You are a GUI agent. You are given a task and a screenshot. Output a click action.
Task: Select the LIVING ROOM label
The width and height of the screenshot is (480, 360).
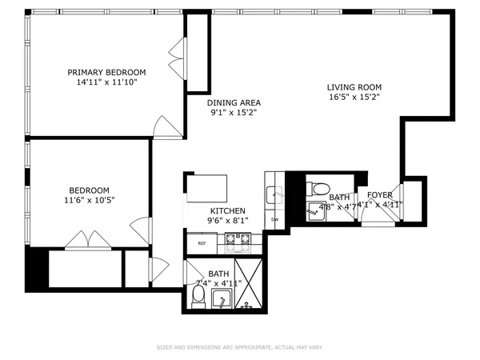354,88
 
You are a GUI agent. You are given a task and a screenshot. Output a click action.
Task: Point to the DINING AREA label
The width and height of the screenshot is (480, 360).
234,102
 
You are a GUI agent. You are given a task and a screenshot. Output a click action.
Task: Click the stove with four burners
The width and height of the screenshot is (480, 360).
238,238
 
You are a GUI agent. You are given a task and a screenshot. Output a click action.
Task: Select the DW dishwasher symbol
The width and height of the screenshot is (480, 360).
274,219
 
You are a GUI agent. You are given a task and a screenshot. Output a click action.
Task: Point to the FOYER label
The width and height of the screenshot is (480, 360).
379,195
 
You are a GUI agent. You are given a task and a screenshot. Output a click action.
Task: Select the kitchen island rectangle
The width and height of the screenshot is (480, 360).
207,189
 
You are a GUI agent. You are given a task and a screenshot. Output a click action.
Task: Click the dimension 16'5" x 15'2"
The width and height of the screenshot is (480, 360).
354,98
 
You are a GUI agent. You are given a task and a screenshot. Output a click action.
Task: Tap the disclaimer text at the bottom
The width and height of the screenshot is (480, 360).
239,347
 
